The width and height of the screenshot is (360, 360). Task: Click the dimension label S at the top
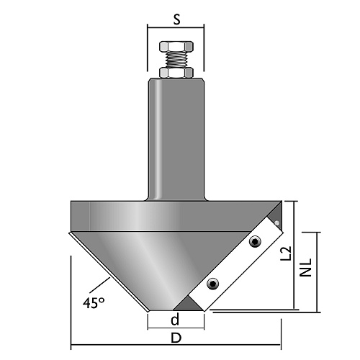176,19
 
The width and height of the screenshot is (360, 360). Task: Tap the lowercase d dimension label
175,319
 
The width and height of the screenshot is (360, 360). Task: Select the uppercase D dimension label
176,338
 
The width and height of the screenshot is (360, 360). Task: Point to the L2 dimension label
287,253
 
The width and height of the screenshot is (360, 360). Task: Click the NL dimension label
305,267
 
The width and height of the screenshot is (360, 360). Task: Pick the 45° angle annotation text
94,303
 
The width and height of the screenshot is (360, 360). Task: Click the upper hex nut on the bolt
176,46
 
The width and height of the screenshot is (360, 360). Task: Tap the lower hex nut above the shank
176,73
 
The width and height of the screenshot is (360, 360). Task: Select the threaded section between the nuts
176,60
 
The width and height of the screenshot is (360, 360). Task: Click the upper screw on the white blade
255,242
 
